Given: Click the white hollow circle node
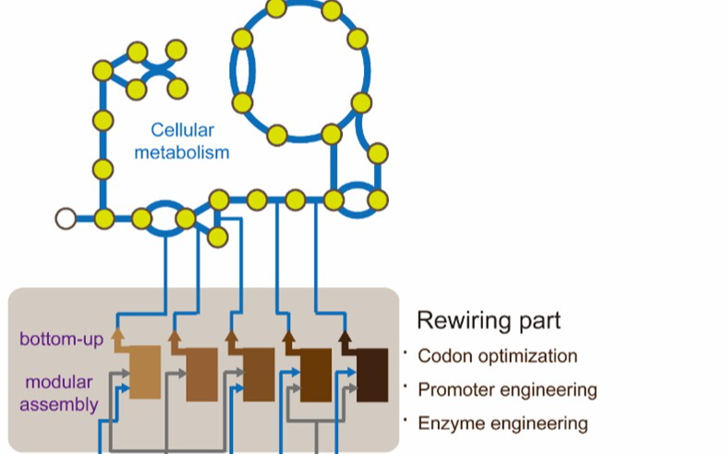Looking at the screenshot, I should coord(65,219).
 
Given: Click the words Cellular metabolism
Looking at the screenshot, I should coord(181,141).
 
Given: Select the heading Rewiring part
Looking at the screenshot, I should coord(488,321).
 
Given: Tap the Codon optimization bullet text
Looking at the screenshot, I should coord(497,356).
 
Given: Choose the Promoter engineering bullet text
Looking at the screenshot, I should coord(507,390).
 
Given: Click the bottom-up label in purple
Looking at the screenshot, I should coord(62,339).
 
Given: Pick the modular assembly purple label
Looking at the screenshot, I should coord(62,393).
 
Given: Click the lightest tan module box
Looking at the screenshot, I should coord(145,372).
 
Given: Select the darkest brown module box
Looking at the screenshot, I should coord(372,376).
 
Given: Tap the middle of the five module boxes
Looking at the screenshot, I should coord(259,375).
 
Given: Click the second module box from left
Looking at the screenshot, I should coord(201,375).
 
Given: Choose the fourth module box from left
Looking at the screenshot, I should coord(316,376).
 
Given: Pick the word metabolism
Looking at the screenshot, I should coord(181,151).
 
